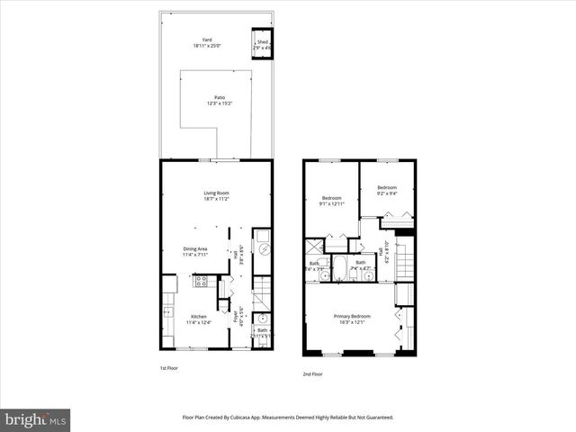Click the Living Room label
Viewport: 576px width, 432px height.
[216, 193]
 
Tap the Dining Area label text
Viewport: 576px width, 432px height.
[195, 249]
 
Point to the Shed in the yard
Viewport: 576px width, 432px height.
[263, 45]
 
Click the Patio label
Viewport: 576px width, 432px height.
[219, 97]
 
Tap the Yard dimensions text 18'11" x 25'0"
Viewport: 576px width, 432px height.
[207, 46]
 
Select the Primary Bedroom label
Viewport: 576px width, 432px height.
[353, 317]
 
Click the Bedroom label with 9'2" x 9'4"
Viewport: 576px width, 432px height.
[386, 187]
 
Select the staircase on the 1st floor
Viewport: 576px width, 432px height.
[259, 292]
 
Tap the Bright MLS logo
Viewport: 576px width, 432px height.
[35, 419]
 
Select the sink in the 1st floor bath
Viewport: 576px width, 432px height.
[261, 319]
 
